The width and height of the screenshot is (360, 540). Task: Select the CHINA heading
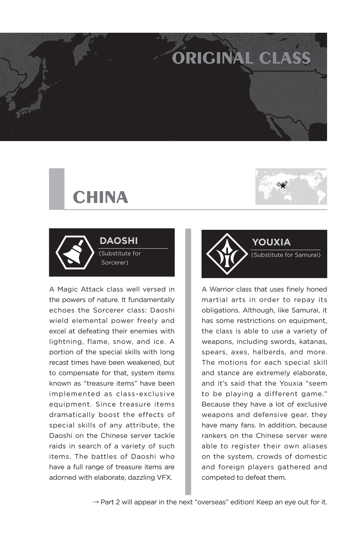100,197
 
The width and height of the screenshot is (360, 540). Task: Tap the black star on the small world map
283,185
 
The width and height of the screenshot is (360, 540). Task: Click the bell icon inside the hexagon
75,252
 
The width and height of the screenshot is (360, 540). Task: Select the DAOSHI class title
118,241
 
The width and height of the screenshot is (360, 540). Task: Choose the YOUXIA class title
271,242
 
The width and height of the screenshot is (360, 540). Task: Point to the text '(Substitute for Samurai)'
286,255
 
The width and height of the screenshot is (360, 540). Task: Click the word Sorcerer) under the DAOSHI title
115,262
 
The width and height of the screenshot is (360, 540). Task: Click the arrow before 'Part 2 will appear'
96,502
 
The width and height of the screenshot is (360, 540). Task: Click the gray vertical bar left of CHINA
57,189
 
